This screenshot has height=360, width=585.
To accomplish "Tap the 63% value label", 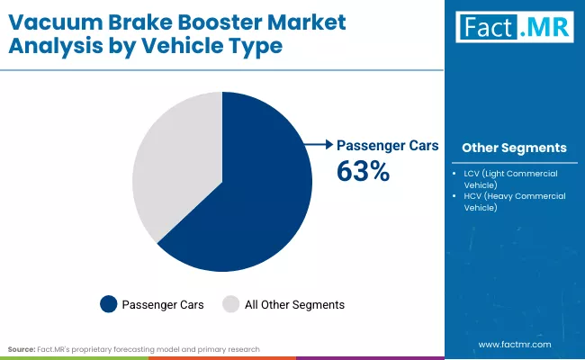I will tap(363, 171).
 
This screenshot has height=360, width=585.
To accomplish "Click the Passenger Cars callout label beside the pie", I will tap(387, 144).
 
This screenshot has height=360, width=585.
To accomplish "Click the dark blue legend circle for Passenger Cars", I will tap(108, 304).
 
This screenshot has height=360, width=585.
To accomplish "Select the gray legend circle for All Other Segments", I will tap(231, 304).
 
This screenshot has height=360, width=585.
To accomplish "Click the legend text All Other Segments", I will tap(294, 305).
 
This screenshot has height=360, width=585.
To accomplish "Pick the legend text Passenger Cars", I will tap(163, 305).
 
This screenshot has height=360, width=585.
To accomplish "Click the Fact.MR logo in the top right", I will tap(513, 28).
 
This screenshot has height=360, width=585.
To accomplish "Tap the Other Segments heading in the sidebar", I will tap(514, 148).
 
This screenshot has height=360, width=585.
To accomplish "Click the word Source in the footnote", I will tap(22, 348).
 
